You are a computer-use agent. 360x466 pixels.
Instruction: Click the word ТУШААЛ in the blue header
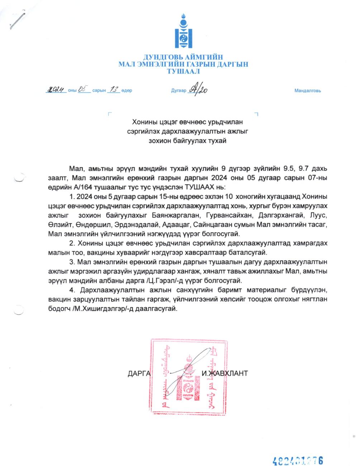[183, 71]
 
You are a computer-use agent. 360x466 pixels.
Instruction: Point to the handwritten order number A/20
[199, 90]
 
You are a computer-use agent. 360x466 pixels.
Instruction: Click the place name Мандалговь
[307, 91]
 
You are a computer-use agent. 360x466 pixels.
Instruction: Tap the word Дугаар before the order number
[179, 91]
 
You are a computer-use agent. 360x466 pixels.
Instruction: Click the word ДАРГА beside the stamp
[139, 374]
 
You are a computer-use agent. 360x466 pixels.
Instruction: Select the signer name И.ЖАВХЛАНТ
[224, 374]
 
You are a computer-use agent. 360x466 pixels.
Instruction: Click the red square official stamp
[189, 375]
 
